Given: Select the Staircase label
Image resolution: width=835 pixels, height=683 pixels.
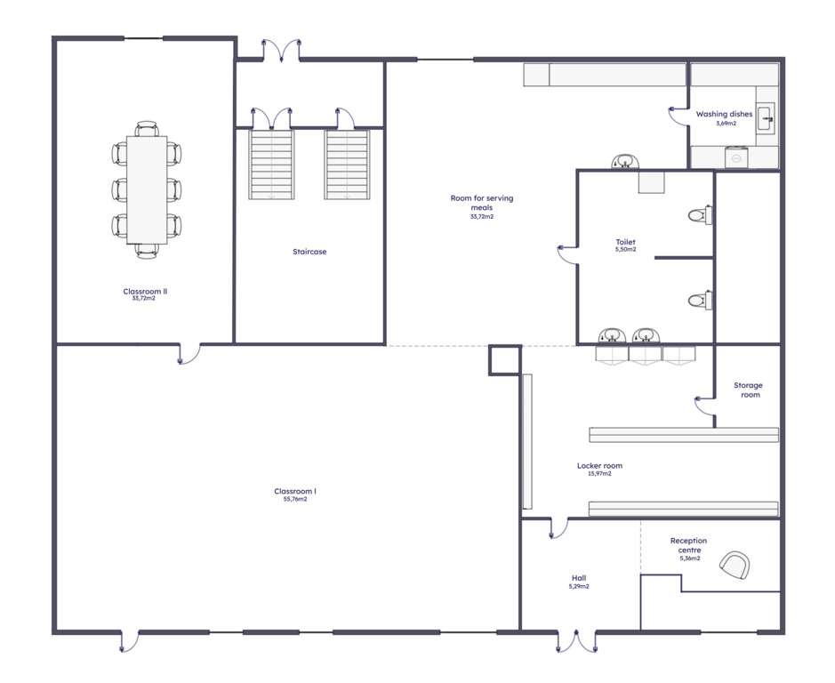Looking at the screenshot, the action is click(x=309, y=252).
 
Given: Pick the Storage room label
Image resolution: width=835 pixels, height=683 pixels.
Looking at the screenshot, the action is click(x=748, y=390).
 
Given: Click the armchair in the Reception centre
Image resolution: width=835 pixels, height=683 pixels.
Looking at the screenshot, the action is click(x=735, y=565).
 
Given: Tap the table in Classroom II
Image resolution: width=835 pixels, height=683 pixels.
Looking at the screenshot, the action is click(x=147, y=189).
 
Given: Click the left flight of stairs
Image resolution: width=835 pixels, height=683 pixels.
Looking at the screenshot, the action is click(x=271, y=165).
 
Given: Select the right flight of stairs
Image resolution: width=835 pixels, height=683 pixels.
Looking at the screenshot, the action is click(x=347, y=165).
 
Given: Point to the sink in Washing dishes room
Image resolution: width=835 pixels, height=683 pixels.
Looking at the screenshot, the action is click(x=767, y=118).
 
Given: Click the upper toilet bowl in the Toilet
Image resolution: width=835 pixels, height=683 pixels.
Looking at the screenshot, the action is click(x=699, y=215).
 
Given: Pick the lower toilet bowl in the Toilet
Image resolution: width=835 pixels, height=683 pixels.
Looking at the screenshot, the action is click(x=699, y=301).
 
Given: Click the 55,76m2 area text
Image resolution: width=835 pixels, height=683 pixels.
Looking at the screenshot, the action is click(x=295, y=500).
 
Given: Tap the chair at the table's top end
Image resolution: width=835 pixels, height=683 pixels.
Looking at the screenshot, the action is click(x=147, y=129).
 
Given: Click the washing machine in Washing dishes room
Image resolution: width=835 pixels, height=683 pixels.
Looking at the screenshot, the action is click(x=737, y=157).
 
